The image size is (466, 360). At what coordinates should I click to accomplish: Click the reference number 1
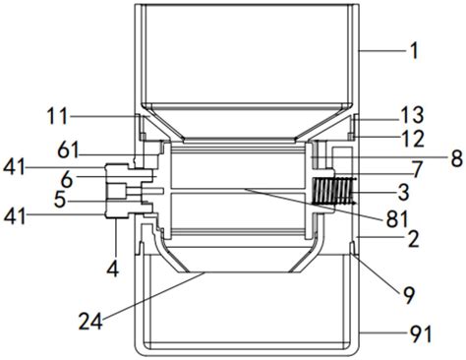coord(414,51)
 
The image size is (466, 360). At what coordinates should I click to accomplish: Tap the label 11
coord(58,116)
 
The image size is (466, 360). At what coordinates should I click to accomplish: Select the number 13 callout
coord(414,115)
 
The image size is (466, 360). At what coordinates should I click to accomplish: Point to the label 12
coord(414,139)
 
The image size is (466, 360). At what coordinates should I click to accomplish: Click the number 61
coord(68,150)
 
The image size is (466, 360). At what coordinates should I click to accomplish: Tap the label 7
coord(417,170)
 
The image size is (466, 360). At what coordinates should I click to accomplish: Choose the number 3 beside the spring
coord(403,192)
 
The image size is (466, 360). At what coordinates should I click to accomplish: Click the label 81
coord(397,219)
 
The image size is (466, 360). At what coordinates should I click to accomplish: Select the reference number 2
coord(414,240)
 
